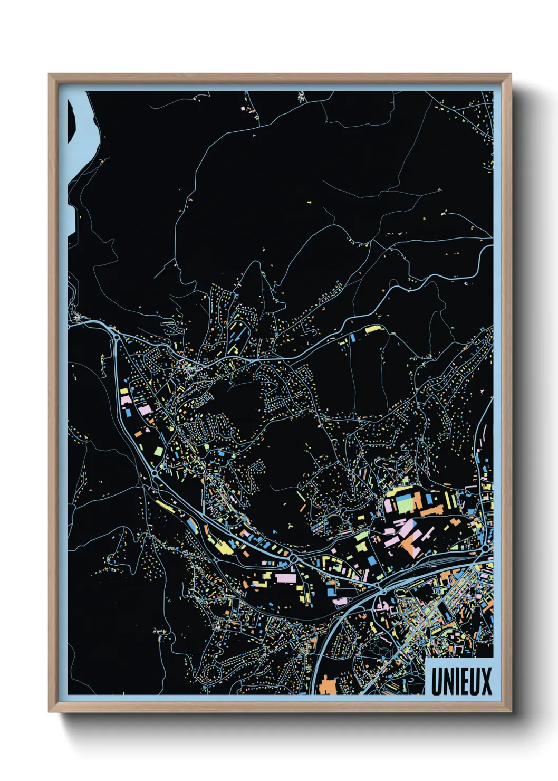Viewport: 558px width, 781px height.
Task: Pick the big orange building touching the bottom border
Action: point(329,685)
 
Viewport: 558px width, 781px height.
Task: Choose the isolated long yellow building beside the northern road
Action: point(372,329)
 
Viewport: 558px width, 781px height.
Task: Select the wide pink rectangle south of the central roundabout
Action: point(285,578)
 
